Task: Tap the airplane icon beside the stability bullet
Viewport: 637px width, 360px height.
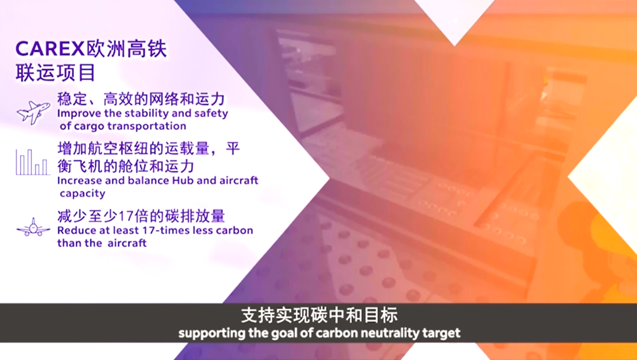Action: click(x=33, y=112)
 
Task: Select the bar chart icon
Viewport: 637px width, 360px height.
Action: click(x=32, y=162)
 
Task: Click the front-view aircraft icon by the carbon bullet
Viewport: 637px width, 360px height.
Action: click(x=33, y=227)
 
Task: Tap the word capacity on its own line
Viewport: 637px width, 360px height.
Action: click(x=83, y=194)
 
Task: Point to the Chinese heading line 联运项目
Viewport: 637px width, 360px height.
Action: click(x=55, y=73)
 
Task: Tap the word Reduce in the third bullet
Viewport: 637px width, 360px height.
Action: click(x=75, y=230)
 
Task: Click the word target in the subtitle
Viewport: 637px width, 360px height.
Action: click(x=441, y=333)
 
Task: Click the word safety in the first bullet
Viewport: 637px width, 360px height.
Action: click(x=211, y=113)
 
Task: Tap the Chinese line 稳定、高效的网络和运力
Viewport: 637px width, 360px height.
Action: click(x=141, y=99)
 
